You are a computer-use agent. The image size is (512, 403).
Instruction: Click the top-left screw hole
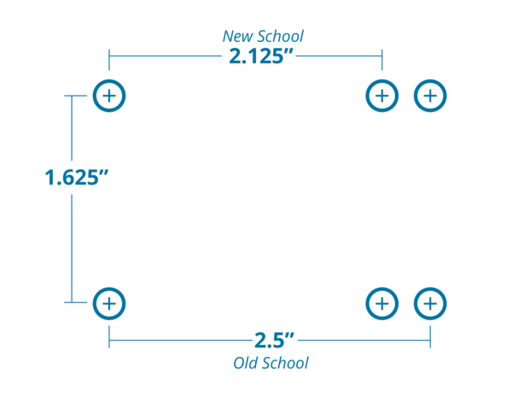(108, 96)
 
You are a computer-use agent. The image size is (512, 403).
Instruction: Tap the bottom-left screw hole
(108, 302)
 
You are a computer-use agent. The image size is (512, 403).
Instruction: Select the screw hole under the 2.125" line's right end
(381, 96)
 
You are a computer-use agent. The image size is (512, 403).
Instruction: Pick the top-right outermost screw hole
(430, 96)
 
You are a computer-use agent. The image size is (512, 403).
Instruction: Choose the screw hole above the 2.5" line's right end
(430, 302)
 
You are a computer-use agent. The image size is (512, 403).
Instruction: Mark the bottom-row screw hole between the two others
(381, 302)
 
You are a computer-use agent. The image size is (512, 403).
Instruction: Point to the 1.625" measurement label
(77, 178)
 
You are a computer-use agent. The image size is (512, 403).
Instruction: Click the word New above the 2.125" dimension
(236, 36)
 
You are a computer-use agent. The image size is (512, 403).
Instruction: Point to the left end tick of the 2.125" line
(109, 58)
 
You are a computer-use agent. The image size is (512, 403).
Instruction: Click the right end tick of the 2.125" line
(381, 58)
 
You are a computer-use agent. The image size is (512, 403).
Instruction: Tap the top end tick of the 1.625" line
(72, 96)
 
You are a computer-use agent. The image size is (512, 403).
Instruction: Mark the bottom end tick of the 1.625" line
(72, 302)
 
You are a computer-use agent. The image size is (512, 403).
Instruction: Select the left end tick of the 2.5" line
(109, 338)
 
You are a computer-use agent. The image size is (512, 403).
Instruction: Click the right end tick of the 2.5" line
(430, 338)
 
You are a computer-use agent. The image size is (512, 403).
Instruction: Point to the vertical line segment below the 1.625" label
(72, 248)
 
